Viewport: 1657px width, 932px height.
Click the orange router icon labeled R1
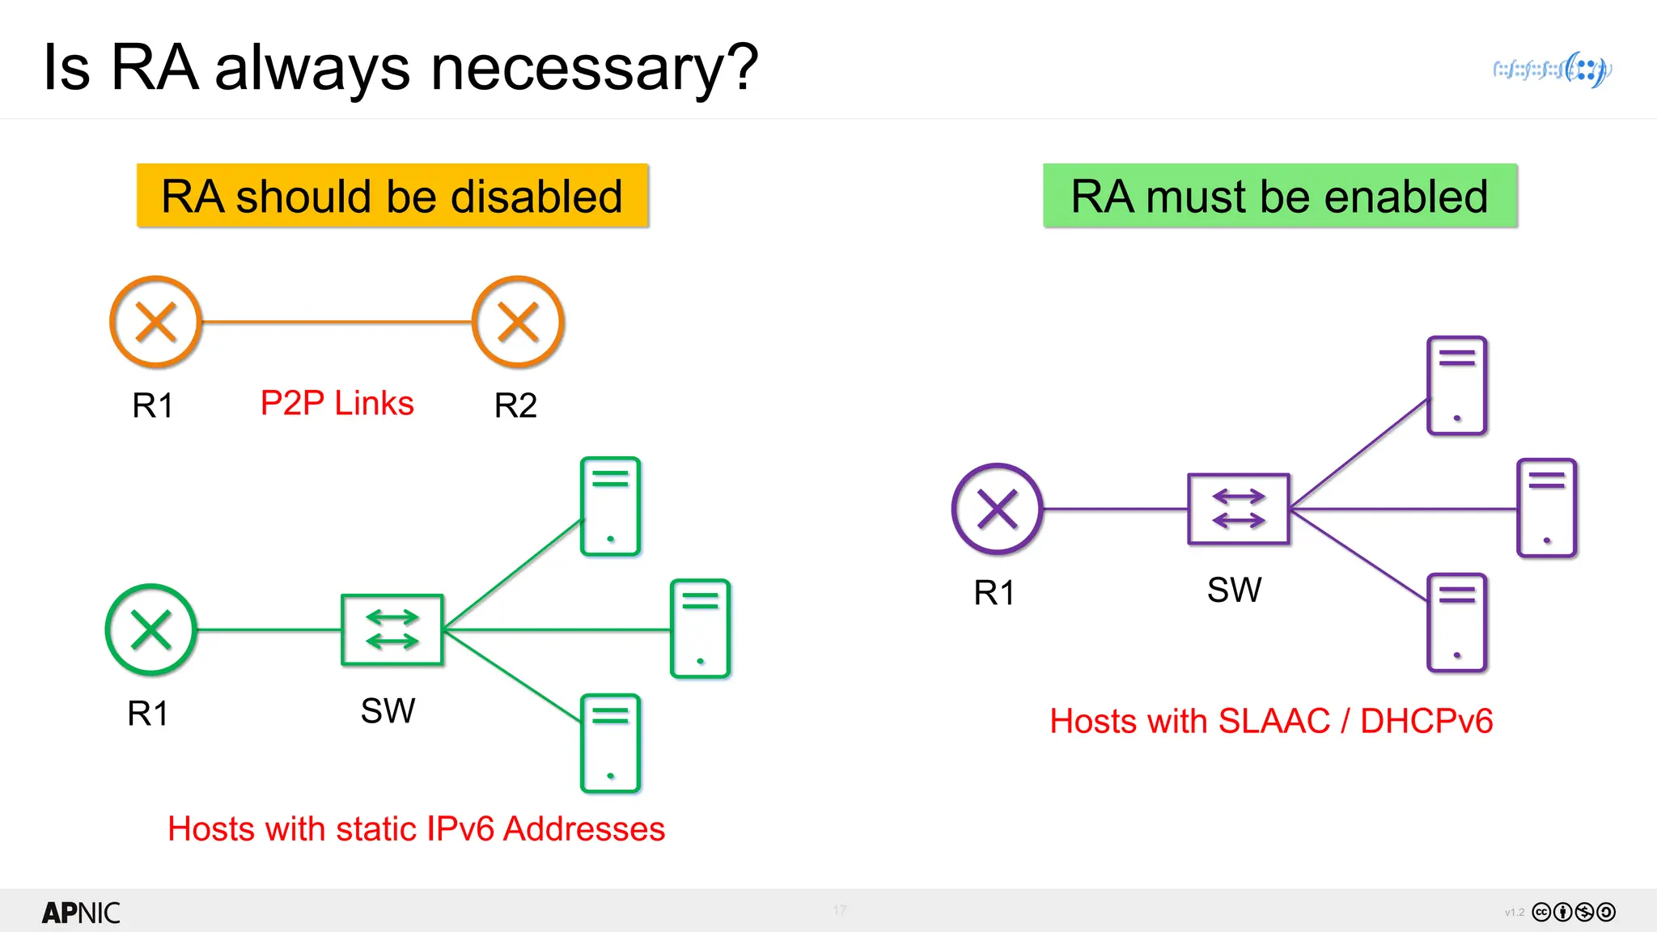click(155, 322)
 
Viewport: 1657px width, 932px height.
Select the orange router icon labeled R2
click(518, 322)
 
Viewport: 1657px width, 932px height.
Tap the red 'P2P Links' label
click(337, 403)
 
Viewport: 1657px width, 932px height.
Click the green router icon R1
click(150, 629)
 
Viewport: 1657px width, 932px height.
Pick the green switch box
click(392, 629)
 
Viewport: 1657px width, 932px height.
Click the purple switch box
click(1239, 509)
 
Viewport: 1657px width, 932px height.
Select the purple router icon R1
click(997, 509)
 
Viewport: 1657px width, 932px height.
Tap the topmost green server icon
click(611, 506)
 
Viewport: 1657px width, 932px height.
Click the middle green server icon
click(701, 629)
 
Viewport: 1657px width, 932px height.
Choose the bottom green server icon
click(611, 743)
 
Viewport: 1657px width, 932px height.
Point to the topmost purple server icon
click(1457, 386)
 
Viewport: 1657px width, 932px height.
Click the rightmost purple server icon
click(1547, 508)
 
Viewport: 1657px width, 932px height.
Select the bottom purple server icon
click(1457, 623)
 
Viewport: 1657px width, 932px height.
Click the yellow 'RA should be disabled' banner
click(392, 196)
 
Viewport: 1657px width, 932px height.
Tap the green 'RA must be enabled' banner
click(1280, 196)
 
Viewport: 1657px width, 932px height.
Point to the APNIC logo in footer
click(81, 913)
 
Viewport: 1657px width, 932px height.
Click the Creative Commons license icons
click(1574, 913)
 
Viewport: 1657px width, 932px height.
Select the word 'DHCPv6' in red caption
click(1426, 721)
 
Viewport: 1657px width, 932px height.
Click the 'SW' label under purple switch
click(1235, 590)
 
